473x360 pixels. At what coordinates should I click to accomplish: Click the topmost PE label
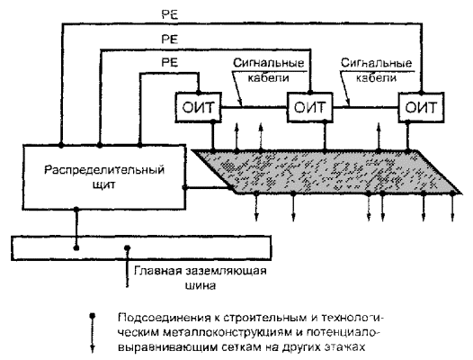[x=170, y=14]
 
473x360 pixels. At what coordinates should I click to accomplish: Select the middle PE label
[x=170, y=40]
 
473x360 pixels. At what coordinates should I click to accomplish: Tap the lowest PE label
[x=170, y=62]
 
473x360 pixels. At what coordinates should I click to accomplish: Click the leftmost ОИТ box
[x=198, y=107]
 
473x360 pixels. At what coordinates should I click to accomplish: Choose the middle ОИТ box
[x=310, y=107]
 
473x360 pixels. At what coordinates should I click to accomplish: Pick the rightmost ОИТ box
[x=421, y=107]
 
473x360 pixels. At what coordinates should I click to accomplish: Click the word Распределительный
[x=104, y=170]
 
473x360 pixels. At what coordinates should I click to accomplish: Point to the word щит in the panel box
[x=103, y=184]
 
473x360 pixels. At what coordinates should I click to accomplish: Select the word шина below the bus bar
[x=201, y=285]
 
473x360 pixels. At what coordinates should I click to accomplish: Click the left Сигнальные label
[x=268, y=63]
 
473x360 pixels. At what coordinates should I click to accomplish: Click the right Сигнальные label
[x=376, y=63]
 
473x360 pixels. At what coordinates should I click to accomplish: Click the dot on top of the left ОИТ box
[x=198, y=92]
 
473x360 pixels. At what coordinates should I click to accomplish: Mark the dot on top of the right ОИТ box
[x=421, y=92]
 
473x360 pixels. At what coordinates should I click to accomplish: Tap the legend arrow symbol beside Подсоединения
[x=93, y=333]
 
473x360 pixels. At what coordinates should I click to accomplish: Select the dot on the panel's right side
[x=184, y=187]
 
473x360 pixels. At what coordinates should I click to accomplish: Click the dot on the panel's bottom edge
[x=76, y=209]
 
